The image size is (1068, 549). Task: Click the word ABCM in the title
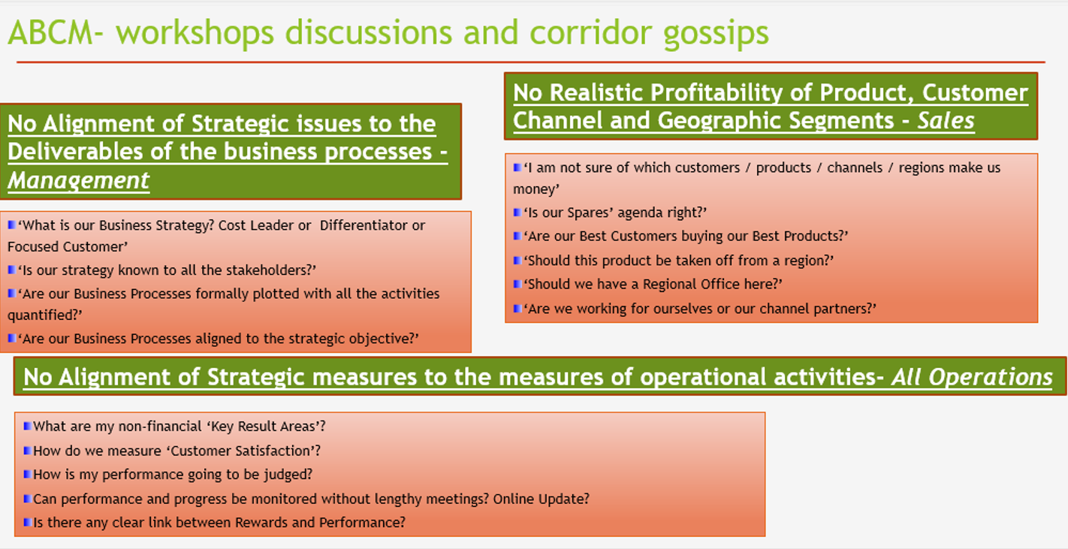pos(50,33)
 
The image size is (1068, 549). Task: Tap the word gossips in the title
pos(717,35)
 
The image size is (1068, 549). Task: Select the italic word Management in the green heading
pos(79,180)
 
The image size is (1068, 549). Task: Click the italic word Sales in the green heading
pos(946,121)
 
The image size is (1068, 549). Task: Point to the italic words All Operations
pos(972,377)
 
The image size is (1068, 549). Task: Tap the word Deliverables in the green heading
pos(75,152)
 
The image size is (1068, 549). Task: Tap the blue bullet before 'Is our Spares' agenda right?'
pos(517,212)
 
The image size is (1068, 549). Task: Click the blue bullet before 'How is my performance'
pos(27,474)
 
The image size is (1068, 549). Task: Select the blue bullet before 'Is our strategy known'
pos(11,270)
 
